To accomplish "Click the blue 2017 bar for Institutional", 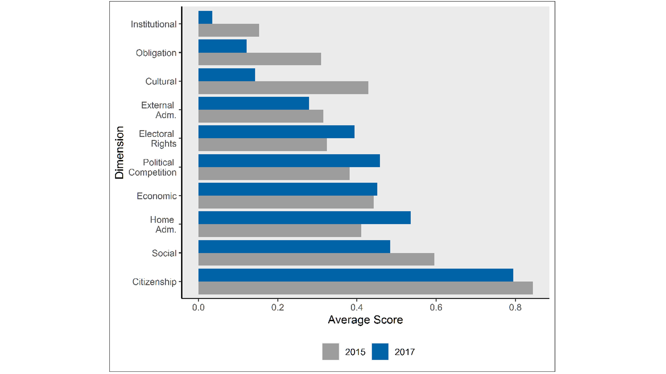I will click(205, 17).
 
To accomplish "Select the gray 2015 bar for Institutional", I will click(229, 30).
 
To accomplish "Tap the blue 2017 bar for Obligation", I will click(222, 46).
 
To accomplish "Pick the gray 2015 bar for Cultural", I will click(283, 88).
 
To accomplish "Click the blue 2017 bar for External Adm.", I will click(254, 103).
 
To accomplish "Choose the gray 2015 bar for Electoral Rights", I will click(263, 145).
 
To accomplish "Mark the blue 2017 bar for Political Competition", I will click(289, 160).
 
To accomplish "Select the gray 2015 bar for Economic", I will click(286, 202).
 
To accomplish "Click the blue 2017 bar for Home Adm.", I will click(304, 217).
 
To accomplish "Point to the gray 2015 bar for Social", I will click(316, 259).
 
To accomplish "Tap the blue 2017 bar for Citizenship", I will click(355, 275).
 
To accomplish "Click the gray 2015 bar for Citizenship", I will click(365, 288).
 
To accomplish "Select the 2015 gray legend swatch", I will click(331, 352).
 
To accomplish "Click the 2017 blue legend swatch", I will click(380, 352).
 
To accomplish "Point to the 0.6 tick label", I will click(436, 307).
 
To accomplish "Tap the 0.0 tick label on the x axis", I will click(198, 307).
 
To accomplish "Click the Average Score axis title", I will click(365, 320).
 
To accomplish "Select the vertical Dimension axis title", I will click(119, 153).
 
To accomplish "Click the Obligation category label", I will click(156, 53).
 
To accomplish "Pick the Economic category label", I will click(157, 196).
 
